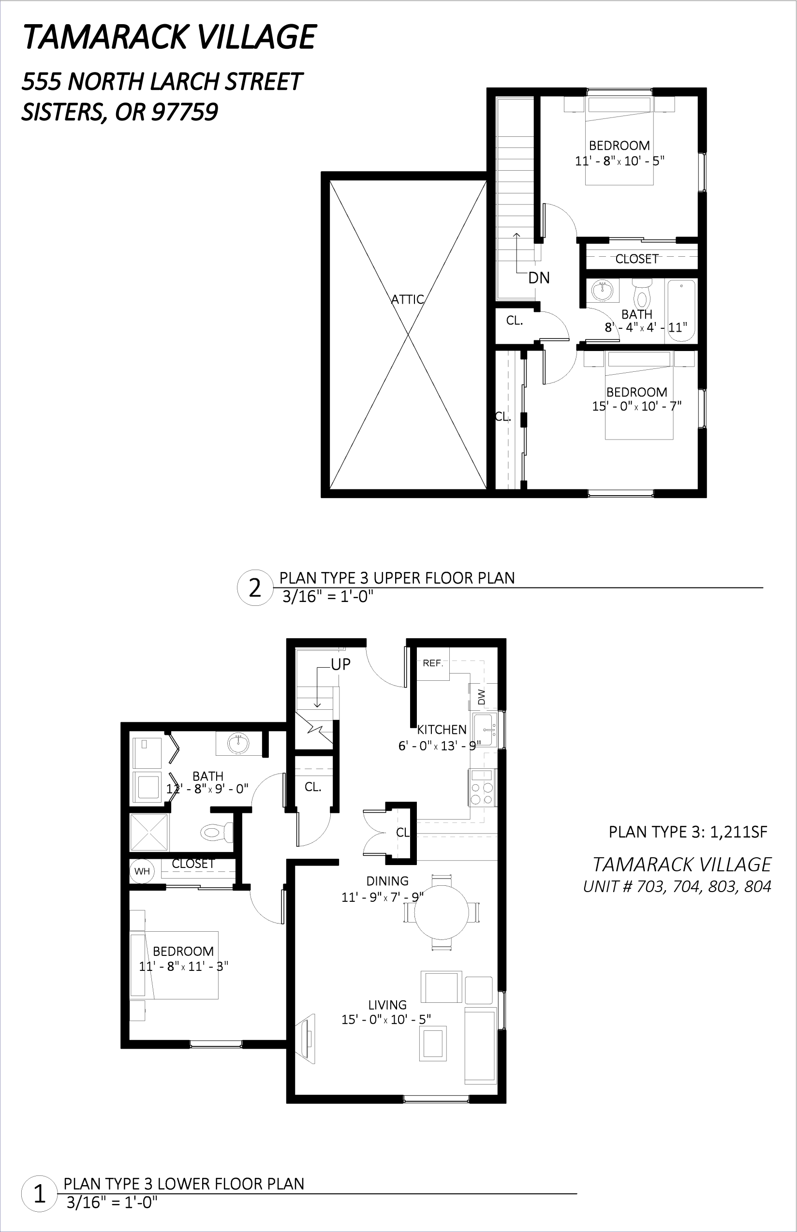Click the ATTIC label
(407, 299)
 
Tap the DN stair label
(539, 278)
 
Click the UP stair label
(340, 664)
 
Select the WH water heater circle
(142, 871)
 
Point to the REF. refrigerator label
(433, 663)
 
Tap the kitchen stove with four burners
(482, 788)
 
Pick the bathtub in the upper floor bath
(680, 310)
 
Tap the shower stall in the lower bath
(149, 832)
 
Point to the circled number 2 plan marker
(255, 588)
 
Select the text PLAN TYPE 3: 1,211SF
(688, 832)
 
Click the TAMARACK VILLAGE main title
(169, 37)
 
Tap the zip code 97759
(184, 112)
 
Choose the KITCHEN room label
(442, 730)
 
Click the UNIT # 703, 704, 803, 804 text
(677, 886)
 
